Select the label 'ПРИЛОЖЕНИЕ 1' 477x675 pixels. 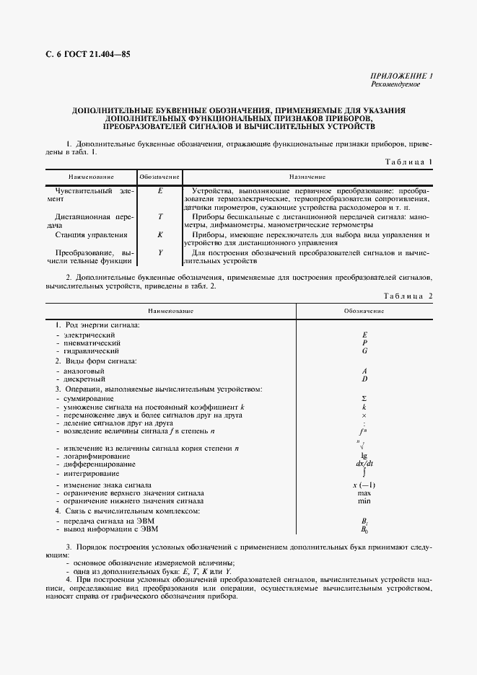click(x=401, y=76)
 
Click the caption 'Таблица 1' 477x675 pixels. click(x=409, y=162)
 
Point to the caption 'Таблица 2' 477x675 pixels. click(x=408, y=296)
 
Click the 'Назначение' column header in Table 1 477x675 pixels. click(x=307, y=177)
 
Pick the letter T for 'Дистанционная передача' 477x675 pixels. click(x=159, y=216)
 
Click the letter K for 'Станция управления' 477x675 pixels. click(x=159, y=234)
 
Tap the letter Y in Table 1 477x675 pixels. click(x=159, y=253)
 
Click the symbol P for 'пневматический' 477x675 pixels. click(x=364, y=343)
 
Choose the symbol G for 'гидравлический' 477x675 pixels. click(x=364, y=350)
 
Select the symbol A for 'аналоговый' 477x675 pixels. click(x=364, y=371)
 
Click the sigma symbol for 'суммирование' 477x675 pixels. click(x=364, y=399)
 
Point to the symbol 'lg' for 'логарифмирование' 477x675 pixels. click(x=364, y=456)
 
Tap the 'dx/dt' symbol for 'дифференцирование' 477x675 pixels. click(x=364, y=465)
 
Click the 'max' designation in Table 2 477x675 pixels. click(x=364, y=493)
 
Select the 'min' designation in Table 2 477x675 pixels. click(x=364, y=501)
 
